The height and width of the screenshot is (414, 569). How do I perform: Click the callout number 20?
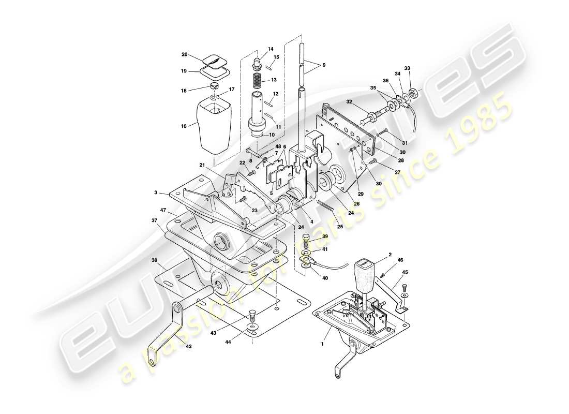click(185, 54)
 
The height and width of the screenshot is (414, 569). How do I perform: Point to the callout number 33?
click(407, 68)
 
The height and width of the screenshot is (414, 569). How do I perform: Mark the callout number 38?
click(155, 260)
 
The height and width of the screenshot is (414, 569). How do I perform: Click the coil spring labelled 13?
click(257, 80)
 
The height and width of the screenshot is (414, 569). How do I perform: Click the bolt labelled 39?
click(306, 241)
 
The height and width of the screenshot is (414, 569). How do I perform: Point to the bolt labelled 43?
click(252, 314)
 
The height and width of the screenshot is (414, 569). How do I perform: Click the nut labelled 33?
click(413, 94)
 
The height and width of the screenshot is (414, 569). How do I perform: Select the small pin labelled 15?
click(269, 66)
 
